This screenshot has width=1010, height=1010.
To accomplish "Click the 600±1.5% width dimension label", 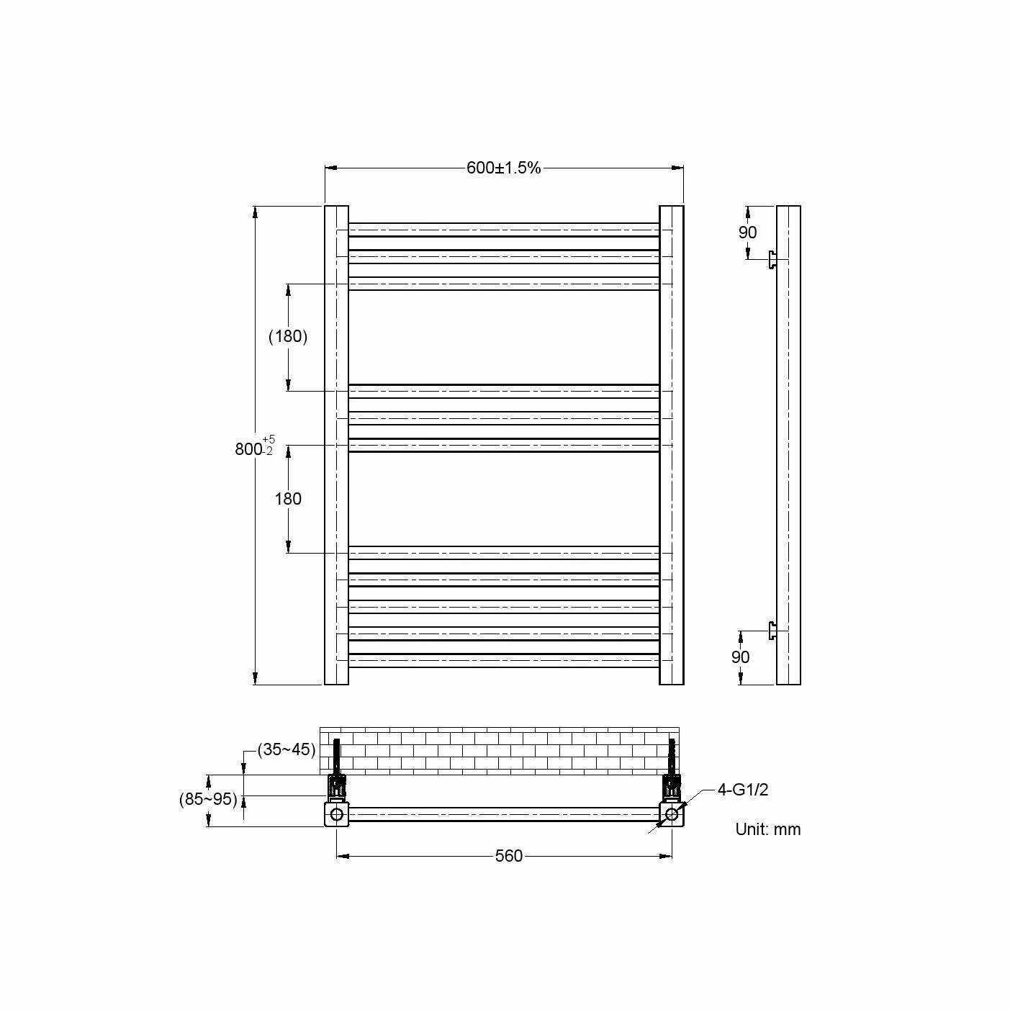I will [x=503, y=168].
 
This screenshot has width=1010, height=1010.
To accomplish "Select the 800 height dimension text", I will [x=248, y=449].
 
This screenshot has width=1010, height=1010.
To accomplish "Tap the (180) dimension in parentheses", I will [x=288, y=336].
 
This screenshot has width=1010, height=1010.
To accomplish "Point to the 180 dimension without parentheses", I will [x=288, y=499].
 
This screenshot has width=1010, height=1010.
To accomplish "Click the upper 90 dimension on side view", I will [x=748, y=233].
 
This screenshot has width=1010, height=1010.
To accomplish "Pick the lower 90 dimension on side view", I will [x=740, y=657].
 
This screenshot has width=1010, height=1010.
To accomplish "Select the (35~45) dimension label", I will [x=287, y=749].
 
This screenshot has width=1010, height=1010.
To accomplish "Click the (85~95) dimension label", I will [x=208, y=798].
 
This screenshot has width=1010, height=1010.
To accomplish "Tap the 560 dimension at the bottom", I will [x=508, y=856].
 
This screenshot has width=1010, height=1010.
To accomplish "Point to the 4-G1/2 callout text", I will [x=743, y=790].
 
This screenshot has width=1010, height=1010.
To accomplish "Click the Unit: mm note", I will [x=767, y=829].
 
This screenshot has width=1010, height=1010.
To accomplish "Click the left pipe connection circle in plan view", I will [x=336, y=815].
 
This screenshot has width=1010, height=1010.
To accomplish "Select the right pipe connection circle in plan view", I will [x=672, y=814].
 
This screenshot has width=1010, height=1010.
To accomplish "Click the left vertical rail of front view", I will [x=336, y=445].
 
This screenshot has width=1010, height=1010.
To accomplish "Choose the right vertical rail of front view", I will [x=672, y=445].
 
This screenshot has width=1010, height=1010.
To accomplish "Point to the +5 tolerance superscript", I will [x=269, y=439].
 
